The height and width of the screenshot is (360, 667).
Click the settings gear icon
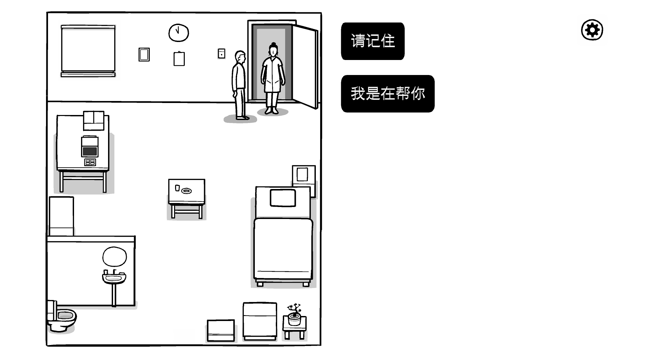point(592,30)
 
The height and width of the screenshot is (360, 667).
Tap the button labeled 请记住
point(373,41)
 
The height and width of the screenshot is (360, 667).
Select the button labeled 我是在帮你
point(388,94)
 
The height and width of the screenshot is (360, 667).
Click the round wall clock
point(178,33)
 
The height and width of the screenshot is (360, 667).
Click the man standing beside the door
point(239,85)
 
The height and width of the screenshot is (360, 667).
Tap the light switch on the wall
point(221,53)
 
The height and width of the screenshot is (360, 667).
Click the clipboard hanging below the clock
point(179,59)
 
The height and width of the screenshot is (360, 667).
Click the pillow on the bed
point(283,198)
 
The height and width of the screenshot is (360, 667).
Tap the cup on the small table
point(177,188)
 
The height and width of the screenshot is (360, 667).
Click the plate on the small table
point(186,191)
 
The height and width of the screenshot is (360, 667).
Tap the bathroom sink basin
point(114,277)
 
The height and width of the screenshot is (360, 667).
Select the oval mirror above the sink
point(114,257)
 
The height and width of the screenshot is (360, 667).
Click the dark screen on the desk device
point(90,152)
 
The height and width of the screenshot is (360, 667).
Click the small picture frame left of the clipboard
point(144,55)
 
